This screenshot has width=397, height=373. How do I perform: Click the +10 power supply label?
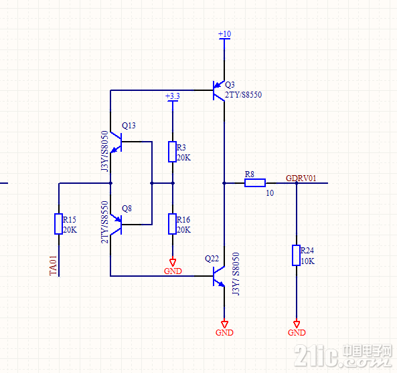coord(224,34)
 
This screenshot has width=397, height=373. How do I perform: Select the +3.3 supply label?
coord(173,96)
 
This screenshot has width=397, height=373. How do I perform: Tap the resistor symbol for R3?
coord(173,152)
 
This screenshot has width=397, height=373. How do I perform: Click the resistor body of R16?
coord(173,224)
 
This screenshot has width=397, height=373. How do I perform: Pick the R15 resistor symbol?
coord(58,224)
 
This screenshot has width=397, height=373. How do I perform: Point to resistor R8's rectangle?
coord(255,183)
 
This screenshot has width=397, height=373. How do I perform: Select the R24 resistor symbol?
coord(296,255)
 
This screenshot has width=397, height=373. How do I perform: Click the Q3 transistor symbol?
coord(218,90)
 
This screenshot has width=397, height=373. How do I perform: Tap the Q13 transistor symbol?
coord(116,142)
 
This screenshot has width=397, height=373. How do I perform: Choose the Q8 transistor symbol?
coord(116,225)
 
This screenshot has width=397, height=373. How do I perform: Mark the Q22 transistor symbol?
coord(219,276)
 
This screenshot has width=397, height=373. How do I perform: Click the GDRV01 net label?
coord(301,178)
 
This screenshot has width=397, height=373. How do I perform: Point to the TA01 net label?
coord(53,265)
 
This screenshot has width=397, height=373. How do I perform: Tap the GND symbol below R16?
coord(173,262)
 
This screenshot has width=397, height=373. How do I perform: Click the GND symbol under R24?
coord(297,324)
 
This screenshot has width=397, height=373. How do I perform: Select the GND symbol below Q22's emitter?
coord(224,324)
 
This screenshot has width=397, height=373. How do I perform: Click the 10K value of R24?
coord(307,261)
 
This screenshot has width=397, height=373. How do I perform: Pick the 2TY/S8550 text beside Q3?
coord(243,95)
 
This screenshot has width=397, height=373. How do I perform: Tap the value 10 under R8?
coord(270,193)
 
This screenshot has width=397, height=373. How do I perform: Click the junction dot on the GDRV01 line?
coord(297,183)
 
